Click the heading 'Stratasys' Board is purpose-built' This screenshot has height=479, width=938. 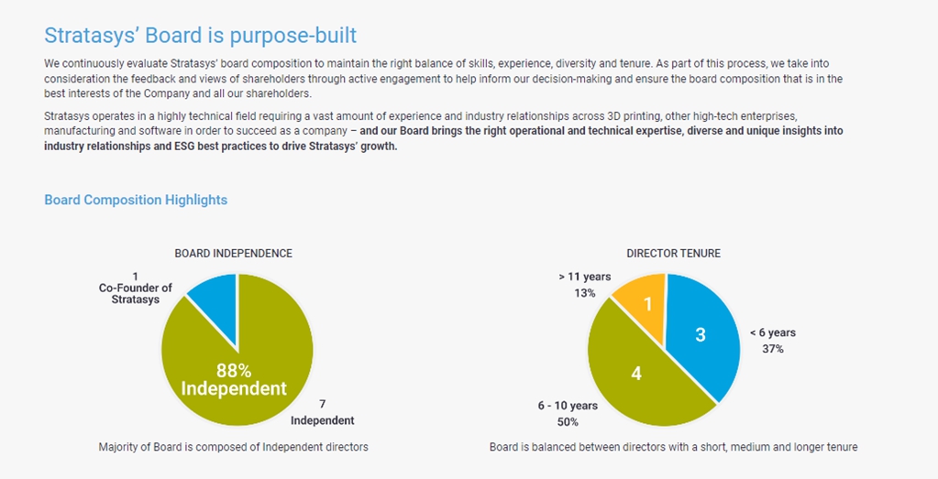[x=200, y=36]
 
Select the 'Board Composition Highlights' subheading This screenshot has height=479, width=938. [x=136, y=200]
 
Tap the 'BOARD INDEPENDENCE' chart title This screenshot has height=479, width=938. [x=234, y=253]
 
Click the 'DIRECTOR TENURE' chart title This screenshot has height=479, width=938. [x=673, y=253]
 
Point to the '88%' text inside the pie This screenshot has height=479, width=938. [x=234, y=370]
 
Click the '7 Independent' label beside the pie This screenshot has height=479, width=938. [x=322, y=413]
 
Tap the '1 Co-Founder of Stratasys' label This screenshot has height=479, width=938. [x=136, y=288]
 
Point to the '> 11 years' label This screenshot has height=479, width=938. [x=584, y=277]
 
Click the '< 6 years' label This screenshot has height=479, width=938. [x=772, y=332]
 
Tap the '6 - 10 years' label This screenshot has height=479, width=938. [x=568, y=406]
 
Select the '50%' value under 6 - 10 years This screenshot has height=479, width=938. [x=568, y=422]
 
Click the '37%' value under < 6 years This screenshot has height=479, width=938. [x=772, y=349]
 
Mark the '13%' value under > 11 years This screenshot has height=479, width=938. [x=584, y=293]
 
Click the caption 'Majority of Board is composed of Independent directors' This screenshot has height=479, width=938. [x=233, y=447]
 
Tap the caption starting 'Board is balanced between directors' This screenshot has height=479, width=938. [x=673, y=447]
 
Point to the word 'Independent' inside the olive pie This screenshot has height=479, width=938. [x=234, y=389]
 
